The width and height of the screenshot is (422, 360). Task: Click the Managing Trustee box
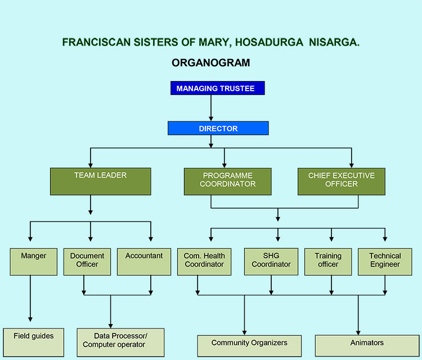(217, 88)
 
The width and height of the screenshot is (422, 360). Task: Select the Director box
(218, 128)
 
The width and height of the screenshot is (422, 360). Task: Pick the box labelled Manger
(33, 262)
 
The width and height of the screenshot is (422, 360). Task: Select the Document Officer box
(84, 262)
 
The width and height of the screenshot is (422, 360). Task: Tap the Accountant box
(143, 262)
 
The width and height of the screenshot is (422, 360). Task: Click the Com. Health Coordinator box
(204, 262)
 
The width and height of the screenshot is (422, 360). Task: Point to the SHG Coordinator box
(271, 262)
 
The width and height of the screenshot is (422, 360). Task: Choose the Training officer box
(328, 262)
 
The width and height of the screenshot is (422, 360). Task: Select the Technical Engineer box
(385, 262)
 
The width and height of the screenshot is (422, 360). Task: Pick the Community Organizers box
(249, 345)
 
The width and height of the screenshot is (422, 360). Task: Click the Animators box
(367, 344)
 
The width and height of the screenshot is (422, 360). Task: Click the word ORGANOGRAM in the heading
(210, 63)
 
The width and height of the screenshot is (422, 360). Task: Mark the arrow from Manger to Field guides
(30, 298)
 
